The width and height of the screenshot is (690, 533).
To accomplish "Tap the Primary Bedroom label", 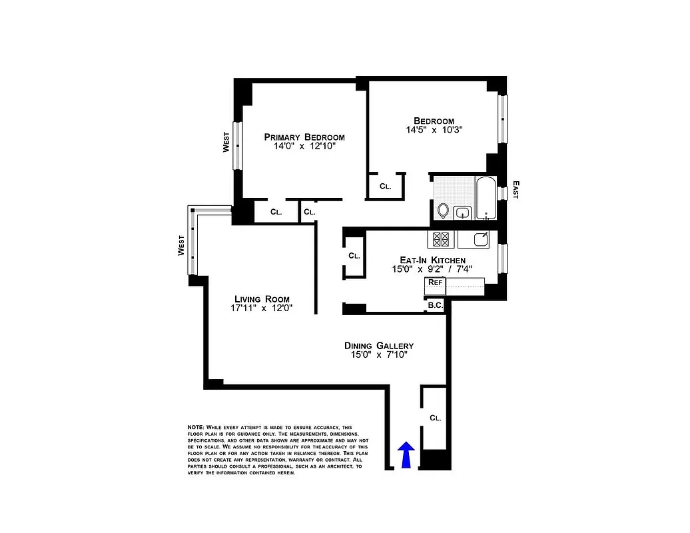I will point(304,137).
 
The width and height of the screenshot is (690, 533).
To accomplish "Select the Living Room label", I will point(262,298).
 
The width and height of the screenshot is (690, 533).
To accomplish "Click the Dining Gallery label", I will point(379,345).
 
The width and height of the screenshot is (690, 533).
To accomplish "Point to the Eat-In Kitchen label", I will point(432,260).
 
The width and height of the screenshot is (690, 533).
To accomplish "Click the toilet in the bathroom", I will point(444,211).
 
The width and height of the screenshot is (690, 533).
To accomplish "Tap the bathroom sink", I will point(462,213).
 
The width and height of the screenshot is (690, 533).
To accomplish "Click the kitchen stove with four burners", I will point(440,239).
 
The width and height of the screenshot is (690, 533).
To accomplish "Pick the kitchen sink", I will point(481,239).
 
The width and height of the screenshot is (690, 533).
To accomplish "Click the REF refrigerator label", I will point(435,282).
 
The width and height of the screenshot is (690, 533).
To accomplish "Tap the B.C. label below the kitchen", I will point(436,305).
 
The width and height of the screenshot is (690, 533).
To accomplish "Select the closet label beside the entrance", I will point(436,418).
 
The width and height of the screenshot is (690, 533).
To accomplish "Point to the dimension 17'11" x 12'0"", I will point(262,308).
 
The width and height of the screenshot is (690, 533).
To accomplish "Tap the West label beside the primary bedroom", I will point(226,143).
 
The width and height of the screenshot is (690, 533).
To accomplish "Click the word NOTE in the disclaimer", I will point(195,427).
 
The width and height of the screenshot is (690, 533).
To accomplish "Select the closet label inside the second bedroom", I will point(386,187).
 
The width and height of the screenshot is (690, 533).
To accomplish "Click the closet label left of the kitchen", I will point(354,255).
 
